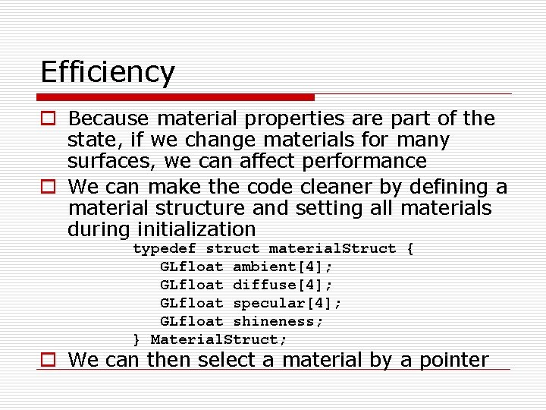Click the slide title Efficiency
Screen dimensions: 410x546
click(108, 73)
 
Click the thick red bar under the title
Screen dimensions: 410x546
click(176, 97)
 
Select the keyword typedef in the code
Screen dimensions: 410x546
click(165, 249)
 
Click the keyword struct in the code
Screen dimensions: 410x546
click(233, 249)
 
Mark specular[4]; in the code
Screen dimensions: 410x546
click(287, 304)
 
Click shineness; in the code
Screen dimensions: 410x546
click(278, 322)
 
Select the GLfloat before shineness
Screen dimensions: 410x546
click(192, 322)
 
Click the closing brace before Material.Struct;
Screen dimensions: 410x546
click(137, 340)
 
